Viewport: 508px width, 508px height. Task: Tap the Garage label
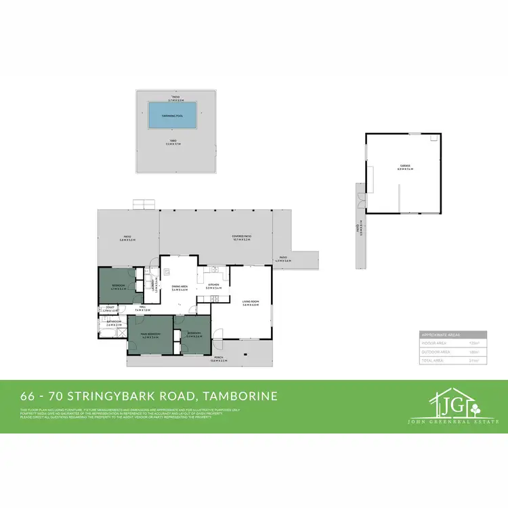point(404,167)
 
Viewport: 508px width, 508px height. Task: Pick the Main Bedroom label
point(150,335)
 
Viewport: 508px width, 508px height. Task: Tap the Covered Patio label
point(242,237)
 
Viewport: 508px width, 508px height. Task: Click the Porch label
point(219,359)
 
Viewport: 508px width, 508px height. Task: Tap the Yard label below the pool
point(175,142)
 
